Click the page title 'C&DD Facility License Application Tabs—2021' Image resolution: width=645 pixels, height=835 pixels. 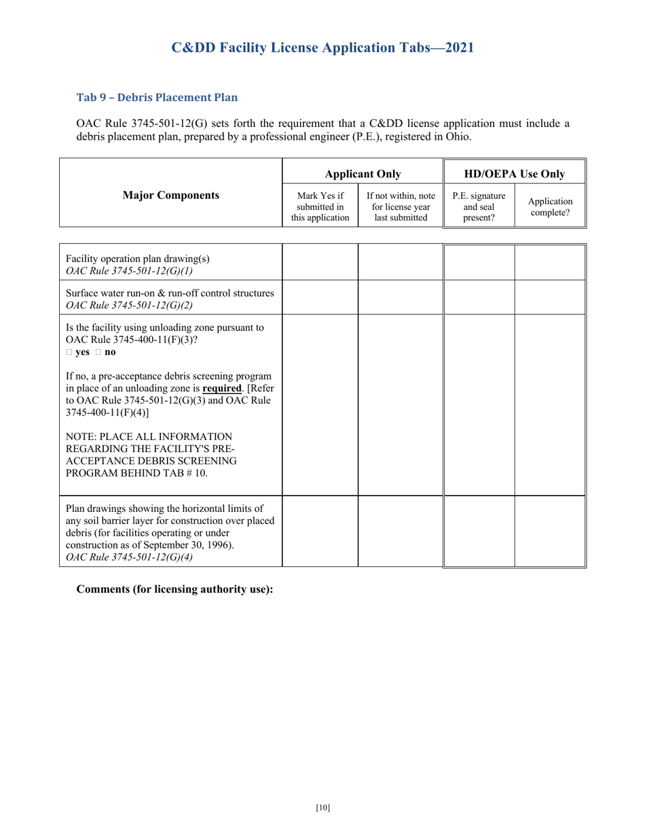click(322, 48)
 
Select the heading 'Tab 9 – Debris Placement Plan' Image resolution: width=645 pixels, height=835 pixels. click(157, 97)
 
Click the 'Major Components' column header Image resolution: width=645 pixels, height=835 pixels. click(170, 196)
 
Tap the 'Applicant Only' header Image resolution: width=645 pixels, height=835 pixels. click(363, 174)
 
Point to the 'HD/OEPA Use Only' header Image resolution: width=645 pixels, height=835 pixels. click(514, 174)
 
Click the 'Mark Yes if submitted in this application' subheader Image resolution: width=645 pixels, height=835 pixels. click(320, 206)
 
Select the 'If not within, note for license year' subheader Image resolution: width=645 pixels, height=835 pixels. click(401, 206)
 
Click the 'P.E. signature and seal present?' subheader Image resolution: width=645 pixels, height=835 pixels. click(479, 206)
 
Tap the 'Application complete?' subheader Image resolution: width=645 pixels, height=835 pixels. click(550, 207)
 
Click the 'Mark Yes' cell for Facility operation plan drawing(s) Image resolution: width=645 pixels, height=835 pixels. click(320, 262)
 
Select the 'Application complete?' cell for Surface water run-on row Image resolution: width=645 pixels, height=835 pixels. click(550, 299)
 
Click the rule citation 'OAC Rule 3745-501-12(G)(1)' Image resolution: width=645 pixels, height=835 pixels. click(129, 271)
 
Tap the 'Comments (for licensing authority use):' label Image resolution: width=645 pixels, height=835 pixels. click(174, 589)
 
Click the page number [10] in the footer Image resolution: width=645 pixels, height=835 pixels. click(322, 807)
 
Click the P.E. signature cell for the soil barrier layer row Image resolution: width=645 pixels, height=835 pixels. click(479, 531)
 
